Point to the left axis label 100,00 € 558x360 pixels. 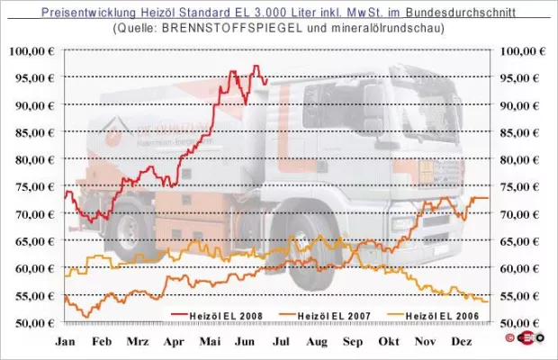click(36, 51)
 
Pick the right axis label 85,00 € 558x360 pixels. click(521, 132)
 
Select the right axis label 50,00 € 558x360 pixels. click(521, 322)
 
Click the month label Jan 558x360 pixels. click(66, 342)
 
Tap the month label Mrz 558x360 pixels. click(138, 342)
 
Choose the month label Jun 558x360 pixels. click(246, 342)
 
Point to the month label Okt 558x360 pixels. click(389, 342)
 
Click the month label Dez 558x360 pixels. click(461, 342)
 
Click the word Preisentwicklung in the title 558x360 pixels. click(84, 12)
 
